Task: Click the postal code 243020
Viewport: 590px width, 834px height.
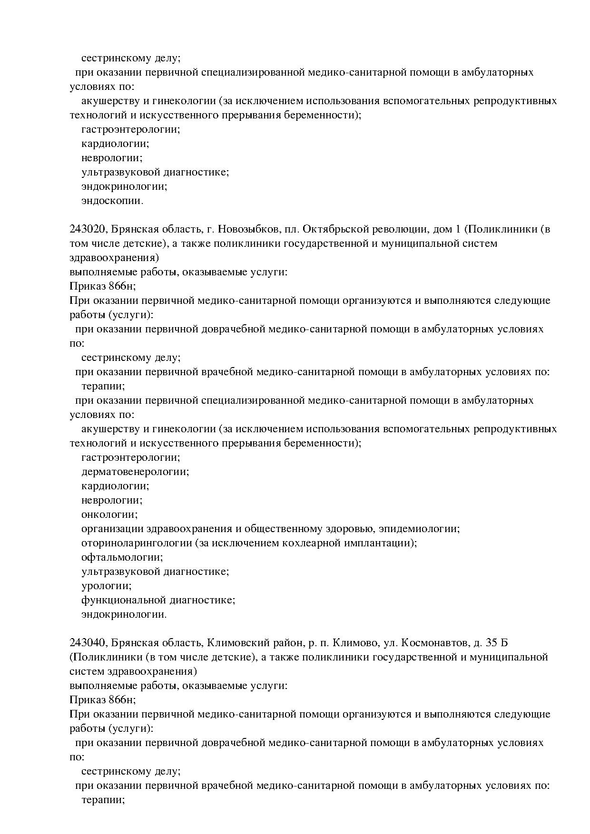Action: pyautogui.click(x=87, y=230)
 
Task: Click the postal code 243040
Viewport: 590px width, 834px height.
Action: pyautogui.click(x=87, y=643)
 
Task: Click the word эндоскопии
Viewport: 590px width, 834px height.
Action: pyautogui.click(x=112, y=201)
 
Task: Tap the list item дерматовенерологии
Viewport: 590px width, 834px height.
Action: pyautogui.click(x=135, y=472)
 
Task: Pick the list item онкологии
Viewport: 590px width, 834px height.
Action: pyautogui.click(x=109, y=515)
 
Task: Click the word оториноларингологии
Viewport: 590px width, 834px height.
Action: pyautogui.click(x=137, y=543)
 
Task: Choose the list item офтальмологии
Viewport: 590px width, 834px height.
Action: pyautogui.click(x=122, y=558)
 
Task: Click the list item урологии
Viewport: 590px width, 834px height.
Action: pyautogui.click(x=107, y=586)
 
